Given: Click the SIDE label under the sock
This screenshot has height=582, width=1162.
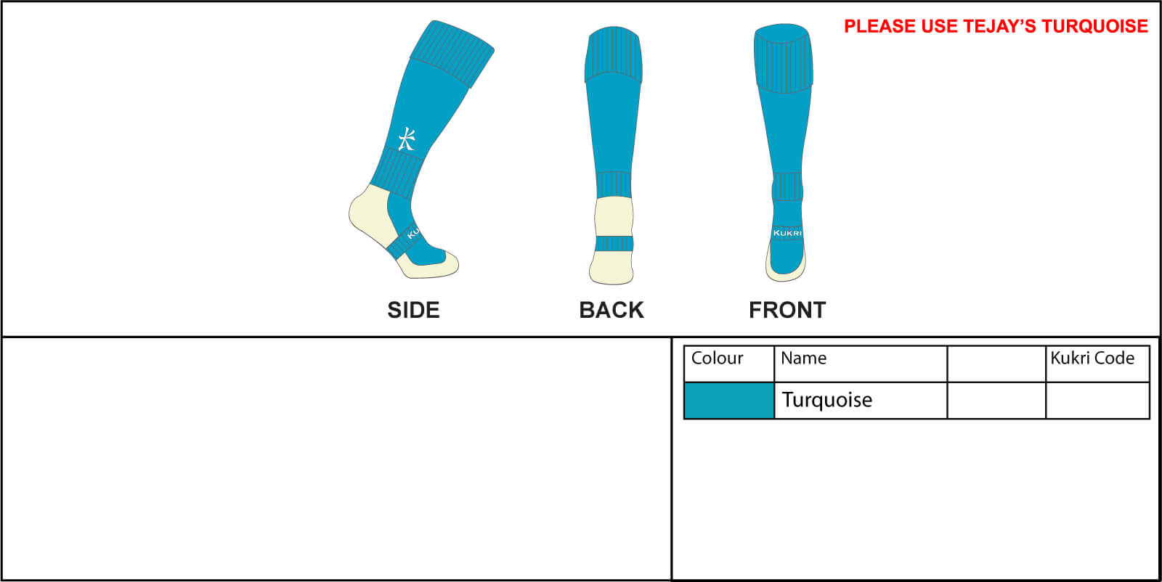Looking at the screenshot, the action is [413, 310].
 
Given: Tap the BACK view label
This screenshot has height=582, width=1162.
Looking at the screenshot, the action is [612, 310].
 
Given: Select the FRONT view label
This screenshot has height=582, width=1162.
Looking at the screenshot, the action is [787, 310].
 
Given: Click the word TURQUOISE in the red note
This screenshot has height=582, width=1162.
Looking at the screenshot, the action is [1094, 26].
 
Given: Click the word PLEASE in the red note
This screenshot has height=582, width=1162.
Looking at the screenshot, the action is [879, 26].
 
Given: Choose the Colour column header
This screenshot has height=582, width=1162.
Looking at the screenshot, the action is [717, 358].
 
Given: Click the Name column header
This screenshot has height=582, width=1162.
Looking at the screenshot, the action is [803, 358].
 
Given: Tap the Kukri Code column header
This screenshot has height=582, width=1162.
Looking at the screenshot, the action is [1092, 358].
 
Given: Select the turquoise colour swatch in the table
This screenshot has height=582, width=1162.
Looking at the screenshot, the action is [729, 401].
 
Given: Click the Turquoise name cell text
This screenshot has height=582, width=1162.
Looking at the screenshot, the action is [827, 400].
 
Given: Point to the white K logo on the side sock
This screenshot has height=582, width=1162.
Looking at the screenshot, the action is [407, 139].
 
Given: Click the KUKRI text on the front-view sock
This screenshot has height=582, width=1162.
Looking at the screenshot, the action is [787, 233].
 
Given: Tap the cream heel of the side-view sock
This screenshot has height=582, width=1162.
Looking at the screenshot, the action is [372, 213].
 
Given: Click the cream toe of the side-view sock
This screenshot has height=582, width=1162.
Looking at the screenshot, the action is [428, 266].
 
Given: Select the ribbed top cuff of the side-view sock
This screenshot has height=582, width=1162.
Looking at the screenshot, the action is [452, 54].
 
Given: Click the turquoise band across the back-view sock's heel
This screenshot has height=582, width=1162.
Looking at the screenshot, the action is [614, 244].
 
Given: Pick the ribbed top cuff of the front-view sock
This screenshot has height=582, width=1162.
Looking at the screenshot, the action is [784, 58].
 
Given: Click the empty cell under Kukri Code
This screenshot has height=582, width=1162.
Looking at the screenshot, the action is [1097, 401].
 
